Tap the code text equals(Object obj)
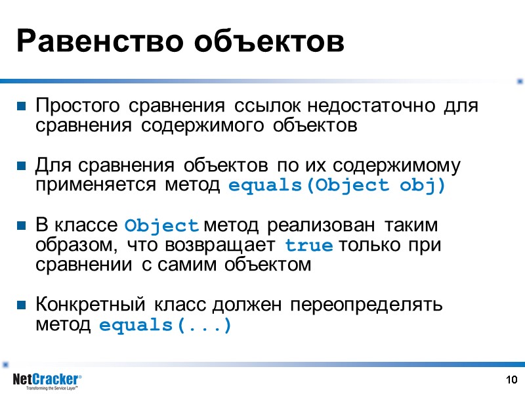(337, 185)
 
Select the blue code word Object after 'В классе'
(161, 225)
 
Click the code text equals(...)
(165, 325)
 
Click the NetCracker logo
(47, 380)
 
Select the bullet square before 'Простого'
(22, 106)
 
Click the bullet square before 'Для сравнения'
(22, 165)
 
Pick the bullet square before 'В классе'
(22, 225)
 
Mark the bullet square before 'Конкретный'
(22, 305)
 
